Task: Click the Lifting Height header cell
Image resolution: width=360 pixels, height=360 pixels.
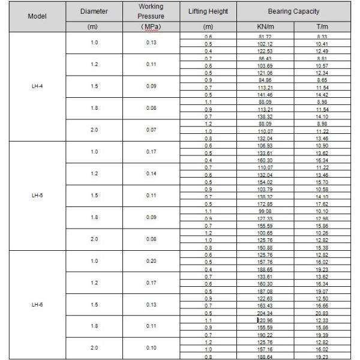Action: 209,11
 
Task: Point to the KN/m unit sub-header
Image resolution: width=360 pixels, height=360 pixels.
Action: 265,28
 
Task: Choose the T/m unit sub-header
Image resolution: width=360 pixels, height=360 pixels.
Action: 325,28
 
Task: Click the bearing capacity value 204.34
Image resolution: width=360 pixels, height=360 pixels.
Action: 265,312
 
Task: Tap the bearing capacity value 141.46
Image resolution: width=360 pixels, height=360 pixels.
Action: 265,94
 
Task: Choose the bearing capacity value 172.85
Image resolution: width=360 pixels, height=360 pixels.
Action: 265,203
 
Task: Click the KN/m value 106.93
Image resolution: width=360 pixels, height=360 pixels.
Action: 265,145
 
